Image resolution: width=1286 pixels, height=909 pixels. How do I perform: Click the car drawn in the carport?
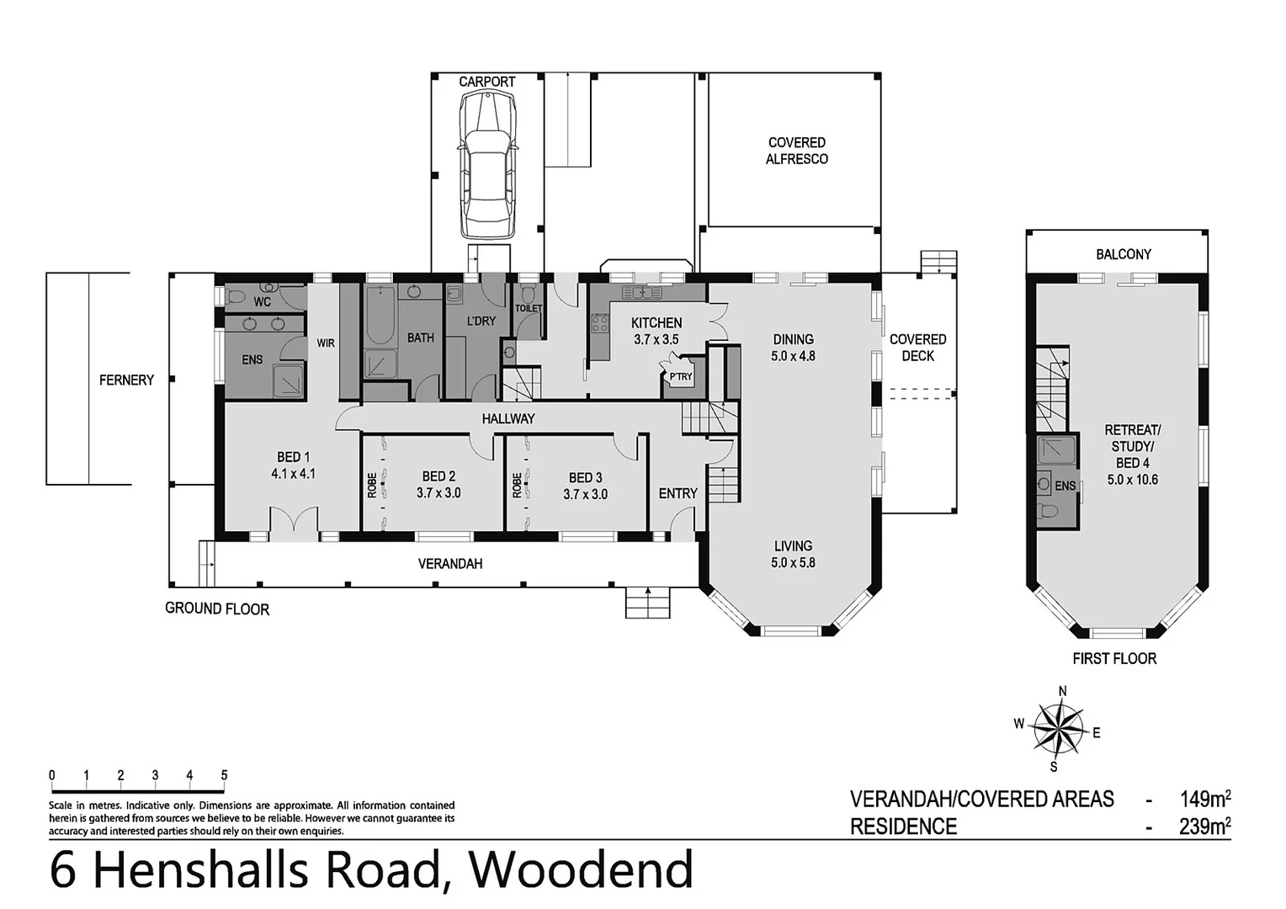486,164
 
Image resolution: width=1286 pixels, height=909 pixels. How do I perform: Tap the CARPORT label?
486,82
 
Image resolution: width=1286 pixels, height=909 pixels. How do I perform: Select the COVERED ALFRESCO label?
796,151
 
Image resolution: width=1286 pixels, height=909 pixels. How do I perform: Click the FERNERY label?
126,380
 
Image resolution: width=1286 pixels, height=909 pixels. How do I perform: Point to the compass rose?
1058,729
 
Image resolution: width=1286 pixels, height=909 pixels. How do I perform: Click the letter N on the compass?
1062,692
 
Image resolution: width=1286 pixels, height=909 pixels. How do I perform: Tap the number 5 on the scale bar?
224,775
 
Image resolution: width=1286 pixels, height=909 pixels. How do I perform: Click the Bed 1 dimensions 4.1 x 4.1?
293,474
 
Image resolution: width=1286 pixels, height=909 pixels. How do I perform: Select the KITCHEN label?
656,322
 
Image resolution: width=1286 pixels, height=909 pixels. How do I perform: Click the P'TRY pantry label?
680,376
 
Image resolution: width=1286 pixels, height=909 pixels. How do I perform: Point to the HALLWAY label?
508,418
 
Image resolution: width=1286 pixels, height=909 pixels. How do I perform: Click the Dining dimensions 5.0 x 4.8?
793,356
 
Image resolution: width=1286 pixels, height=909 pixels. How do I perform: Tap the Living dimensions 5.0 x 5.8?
793,562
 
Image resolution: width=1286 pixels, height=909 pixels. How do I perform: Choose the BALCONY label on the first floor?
1123,253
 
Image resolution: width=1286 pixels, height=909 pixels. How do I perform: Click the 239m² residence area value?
1204,827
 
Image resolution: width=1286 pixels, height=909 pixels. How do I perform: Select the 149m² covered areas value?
1204,798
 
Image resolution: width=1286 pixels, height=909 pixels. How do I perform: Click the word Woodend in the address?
581,870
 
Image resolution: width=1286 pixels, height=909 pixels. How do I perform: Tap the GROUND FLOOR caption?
217,609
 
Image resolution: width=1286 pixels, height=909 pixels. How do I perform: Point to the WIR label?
326,343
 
